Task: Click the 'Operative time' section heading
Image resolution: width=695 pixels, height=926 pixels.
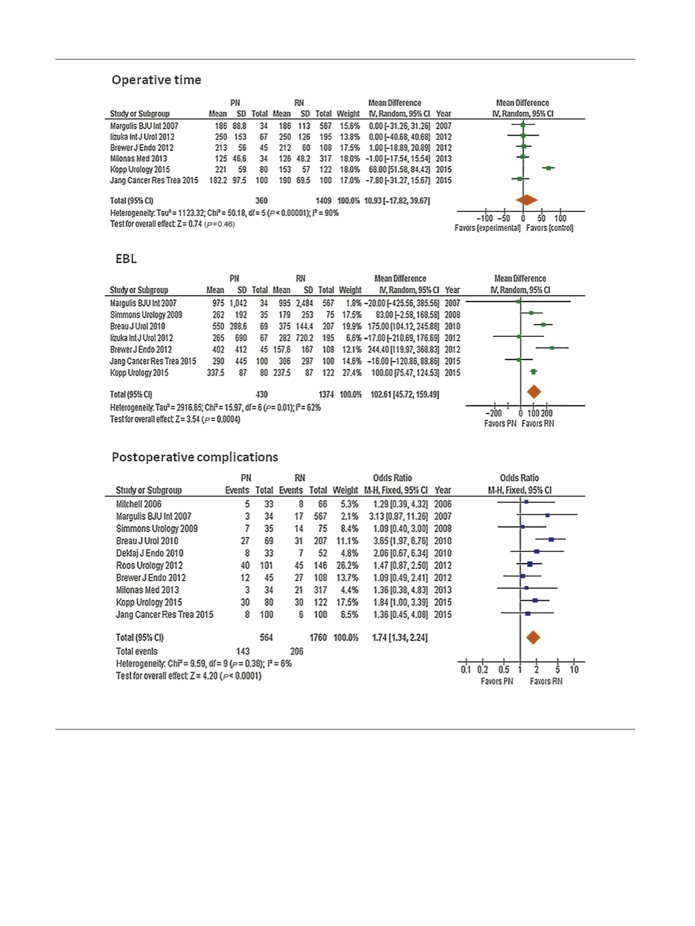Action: point(156,80)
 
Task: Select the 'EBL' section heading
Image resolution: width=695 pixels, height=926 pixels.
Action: point(126,259)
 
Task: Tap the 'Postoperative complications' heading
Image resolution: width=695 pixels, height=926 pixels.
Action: point(195,457)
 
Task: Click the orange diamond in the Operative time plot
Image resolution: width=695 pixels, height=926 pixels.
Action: point(527,200)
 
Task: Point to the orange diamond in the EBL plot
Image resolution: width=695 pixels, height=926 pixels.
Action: point(534,392)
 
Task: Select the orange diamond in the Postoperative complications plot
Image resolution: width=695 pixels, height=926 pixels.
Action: point(533,637)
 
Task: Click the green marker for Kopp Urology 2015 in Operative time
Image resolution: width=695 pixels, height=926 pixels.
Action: point(548,168)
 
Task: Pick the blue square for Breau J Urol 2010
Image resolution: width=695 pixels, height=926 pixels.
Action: point(551,540)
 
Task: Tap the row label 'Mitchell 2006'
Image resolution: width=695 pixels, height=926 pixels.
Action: point(138,504)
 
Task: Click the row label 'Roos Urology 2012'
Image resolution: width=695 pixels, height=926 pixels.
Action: point(149,566)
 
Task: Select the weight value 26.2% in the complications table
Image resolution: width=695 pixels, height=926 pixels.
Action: point(345,566)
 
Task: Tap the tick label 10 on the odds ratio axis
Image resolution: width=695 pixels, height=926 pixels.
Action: point(574,670)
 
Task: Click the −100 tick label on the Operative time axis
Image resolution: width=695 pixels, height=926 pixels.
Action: point(485,218)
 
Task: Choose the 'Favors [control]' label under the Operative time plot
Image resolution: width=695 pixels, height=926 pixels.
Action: point(550,228)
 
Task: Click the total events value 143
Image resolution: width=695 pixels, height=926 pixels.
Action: point(243,652)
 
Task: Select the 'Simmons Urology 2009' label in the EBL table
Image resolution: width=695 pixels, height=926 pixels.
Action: point(146,315)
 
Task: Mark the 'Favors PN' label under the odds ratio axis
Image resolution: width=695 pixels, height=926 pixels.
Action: point(497,681)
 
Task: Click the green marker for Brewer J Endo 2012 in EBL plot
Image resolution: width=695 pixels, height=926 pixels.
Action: point(552,348)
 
